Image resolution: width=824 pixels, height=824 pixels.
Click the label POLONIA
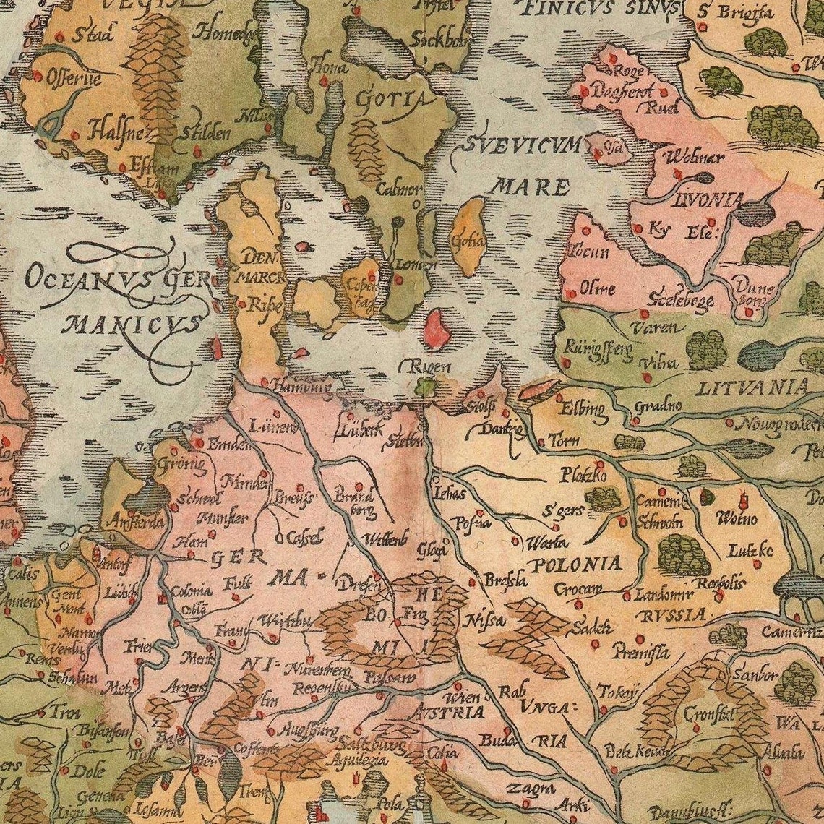click(575, 563)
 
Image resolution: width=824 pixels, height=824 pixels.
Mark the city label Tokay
click(619, 692)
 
